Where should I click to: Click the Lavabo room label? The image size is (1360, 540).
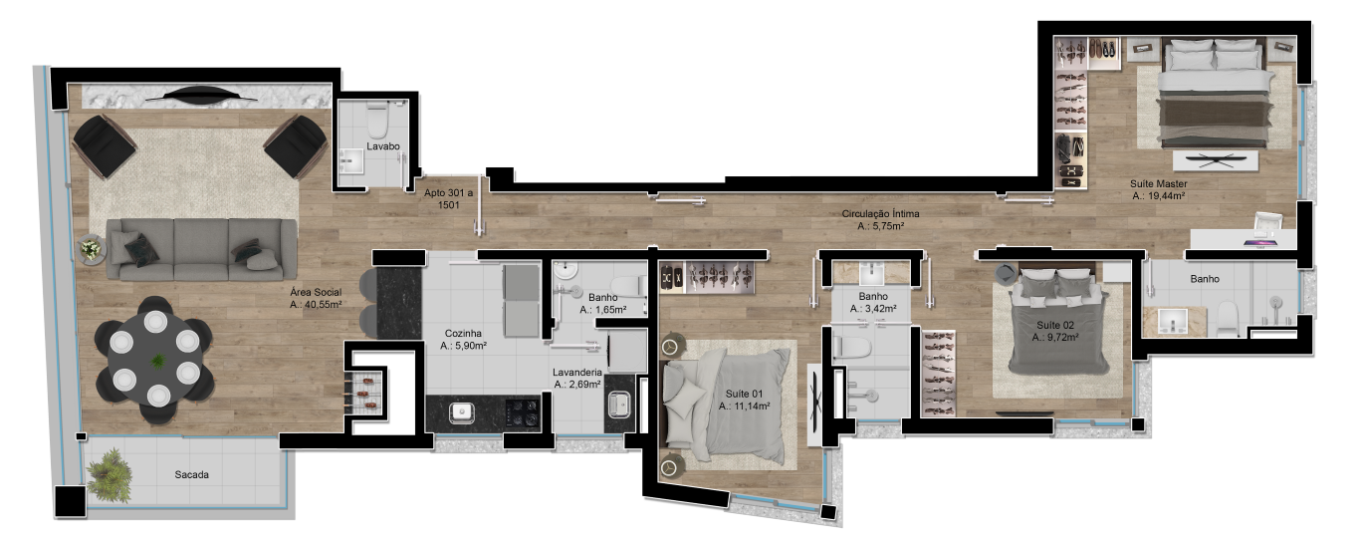[383, 146]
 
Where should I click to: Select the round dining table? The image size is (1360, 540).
[155, 359]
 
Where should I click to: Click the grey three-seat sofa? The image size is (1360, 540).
[201, 250]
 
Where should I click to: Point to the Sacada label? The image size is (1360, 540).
[192, 475]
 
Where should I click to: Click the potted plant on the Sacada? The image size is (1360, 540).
[110, 475]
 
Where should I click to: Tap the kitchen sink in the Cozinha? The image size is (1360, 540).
[462, 413]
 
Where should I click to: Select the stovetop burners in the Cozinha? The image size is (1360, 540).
[522, 413]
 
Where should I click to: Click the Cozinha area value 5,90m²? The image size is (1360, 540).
[464, 346]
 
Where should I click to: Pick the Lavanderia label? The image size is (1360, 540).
[577, 373]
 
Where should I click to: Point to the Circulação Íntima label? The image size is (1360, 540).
[880, 214]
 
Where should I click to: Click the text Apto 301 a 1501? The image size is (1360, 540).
[449, 198]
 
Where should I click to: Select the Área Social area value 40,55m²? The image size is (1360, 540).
[316, 304]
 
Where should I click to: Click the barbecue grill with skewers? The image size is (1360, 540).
[364, 393]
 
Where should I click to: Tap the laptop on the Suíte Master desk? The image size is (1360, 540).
[1261, 243]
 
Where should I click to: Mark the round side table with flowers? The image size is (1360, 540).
[92, 248]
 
